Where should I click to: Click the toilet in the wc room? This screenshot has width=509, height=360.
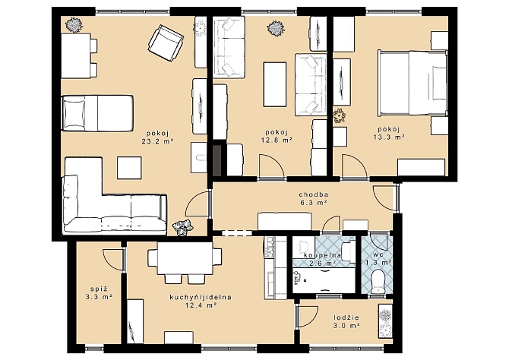point(378,281)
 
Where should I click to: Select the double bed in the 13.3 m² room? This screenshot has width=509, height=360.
point(413,83)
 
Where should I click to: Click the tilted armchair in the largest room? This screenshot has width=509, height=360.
point(166,43)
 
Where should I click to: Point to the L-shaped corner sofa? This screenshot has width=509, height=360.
point(97,208)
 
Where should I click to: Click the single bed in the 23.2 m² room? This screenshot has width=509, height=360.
point(97,113)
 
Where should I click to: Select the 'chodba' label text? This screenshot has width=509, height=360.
point(313,194)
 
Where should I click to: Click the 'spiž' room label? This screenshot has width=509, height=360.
point(99,289)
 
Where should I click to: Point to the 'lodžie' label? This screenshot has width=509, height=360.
point(346,318)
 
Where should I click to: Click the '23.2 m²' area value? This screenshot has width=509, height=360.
point(156,141)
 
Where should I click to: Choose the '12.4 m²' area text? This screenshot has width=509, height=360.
point(201,305)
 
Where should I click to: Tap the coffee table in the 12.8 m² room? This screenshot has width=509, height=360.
point(275,84)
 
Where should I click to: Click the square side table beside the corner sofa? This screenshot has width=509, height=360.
point(129,168)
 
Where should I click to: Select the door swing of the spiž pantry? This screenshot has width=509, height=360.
point(113,260)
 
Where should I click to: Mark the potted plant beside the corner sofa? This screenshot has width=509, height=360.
point(182,226)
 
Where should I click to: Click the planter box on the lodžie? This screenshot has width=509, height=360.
point(385,321)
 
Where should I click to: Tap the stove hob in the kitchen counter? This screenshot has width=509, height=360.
point(270,248)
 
